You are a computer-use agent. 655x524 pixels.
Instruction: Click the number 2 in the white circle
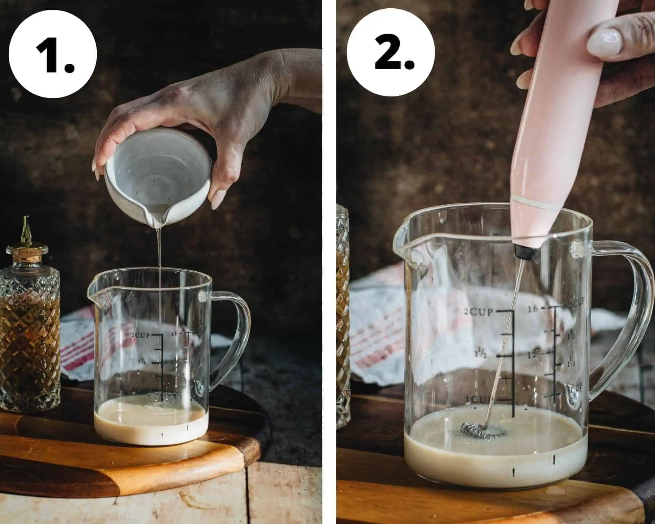click(394, 53)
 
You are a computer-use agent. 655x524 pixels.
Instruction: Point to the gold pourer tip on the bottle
click(26, 229)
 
